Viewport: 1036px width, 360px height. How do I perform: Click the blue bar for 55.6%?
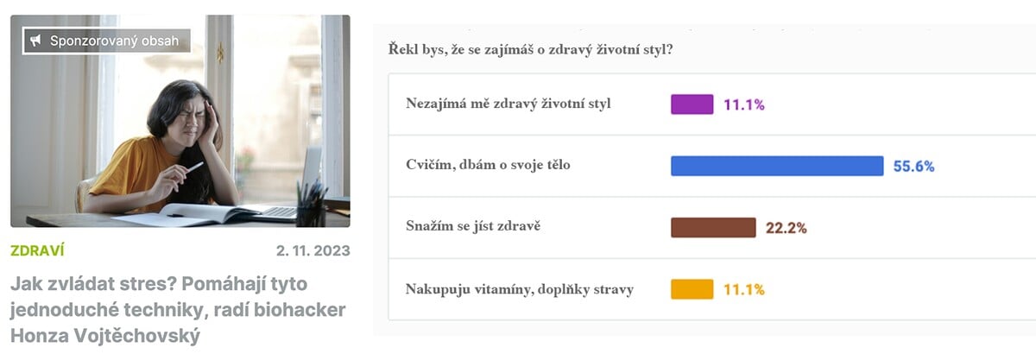click(x=777, y=166)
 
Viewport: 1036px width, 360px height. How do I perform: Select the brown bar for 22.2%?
click(x=713, y=228)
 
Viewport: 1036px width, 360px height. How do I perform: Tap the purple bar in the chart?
click(x=692, y=104)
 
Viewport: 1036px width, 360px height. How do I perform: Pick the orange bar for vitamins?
click(x=692, y=289)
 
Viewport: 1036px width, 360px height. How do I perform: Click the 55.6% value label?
click(x=913, y=166)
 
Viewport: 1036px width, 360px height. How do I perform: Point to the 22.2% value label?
click(x=786, y=228)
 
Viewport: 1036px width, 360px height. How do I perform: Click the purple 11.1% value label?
click(x=743, y=104)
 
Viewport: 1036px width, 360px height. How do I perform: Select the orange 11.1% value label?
click(x=743, y=290)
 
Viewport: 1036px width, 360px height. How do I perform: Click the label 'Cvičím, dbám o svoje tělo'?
click(x=488, y=165)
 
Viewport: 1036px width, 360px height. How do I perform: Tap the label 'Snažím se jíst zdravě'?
click(x=473, y=226)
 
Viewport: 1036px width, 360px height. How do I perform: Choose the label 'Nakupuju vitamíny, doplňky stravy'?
click(x=520, y=289)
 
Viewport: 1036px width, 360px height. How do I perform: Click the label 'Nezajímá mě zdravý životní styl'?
click(x=509, y=104)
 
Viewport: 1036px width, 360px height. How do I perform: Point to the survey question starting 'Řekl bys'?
click(x=530, y=49)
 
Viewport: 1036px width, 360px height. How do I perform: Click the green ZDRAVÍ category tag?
click(x=37, y=250)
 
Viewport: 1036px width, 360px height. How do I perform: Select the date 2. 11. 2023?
click(x=313, y=250)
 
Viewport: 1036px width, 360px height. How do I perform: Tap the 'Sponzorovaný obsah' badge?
click(x=106, y=41)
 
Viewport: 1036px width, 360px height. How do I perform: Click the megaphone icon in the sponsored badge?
click(x=35, y=41)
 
